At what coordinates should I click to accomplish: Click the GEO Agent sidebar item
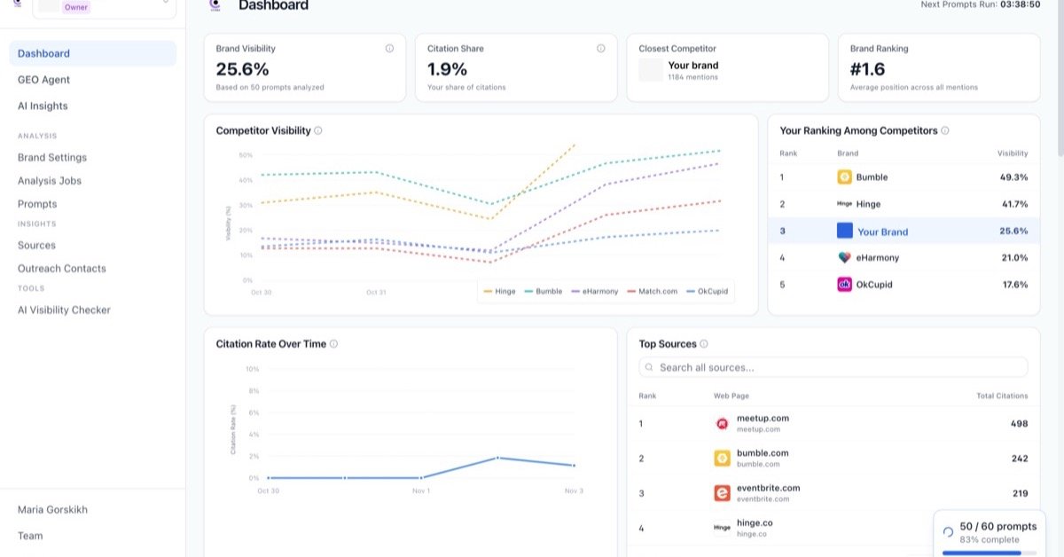(x=43, y=80)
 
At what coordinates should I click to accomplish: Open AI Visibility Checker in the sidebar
(x=64, y=310)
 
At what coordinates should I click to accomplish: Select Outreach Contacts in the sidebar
(x=61, y=269)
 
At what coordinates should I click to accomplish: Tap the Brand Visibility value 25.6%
(x=242, y=69)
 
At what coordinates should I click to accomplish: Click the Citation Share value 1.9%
(x=447, y=69)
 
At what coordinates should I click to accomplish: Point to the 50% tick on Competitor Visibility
(x=246, y=155)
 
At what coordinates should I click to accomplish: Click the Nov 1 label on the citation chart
(x=421, y=490)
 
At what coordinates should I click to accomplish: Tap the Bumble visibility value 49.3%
(x=1013, y=177)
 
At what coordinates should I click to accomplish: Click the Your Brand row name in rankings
(x=882, y=231)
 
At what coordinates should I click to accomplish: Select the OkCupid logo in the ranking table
(x=845, y=285)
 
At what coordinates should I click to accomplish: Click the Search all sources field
(x=833, y=367)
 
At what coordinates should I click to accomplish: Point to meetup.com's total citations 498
(x=1019, y=424)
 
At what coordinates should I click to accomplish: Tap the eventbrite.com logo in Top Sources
(x=722, y=493)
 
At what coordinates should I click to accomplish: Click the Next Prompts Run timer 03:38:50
(x=1020, y=4)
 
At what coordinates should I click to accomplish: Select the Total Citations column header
(x=1002, y=396)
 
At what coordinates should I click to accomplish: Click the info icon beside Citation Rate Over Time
(x=333, y=344)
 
